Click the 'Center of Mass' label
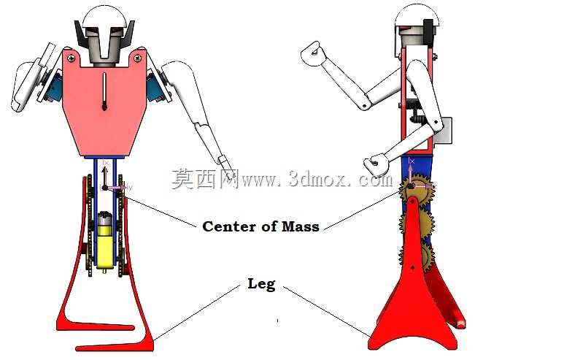coord(260,226)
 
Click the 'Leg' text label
coord(261,284)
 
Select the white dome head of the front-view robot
coord(104,18)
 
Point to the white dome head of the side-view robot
coord(417,16)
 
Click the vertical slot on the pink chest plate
coord(104,91)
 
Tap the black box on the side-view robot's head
coord(428,31)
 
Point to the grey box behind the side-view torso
coord(443,131)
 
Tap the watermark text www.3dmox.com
coord(317,178)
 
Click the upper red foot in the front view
coord(96,325)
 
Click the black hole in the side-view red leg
coord(412,267)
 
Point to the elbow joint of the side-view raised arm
coord(364,104)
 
